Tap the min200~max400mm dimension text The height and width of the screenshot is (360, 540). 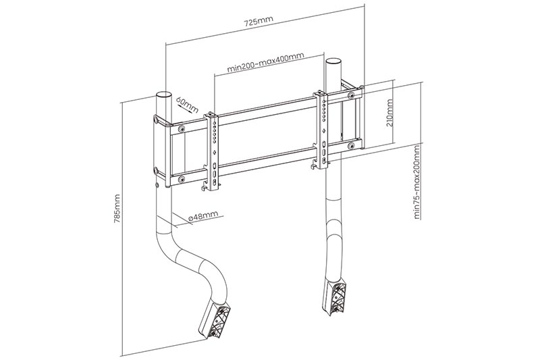pos(265,62)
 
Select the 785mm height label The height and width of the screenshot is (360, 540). pos(117,209)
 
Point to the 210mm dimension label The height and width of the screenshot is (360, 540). pos(389,113)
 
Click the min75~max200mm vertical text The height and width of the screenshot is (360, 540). pos(417,182)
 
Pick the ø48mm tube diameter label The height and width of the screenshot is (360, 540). pos(203,216)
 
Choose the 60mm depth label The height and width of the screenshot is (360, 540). pos(187,105)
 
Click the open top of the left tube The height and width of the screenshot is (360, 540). pos(163,95)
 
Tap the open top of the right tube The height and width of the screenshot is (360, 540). pos(333,61)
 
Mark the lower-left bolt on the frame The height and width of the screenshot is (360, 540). pos(181,179)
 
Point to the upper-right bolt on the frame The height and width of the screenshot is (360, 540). pos(351,95)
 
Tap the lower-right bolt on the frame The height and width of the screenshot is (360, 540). pos(351,146)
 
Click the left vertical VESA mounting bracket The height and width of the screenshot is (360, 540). pos(213,151)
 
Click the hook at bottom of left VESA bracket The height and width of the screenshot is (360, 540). pos(205,186)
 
